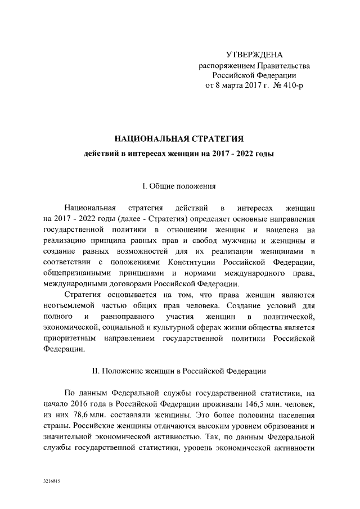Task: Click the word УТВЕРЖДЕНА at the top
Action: pos(254,55)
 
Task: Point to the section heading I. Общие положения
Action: pos(178,186)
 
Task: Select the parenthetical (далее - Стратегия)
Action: pos(148,218)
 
